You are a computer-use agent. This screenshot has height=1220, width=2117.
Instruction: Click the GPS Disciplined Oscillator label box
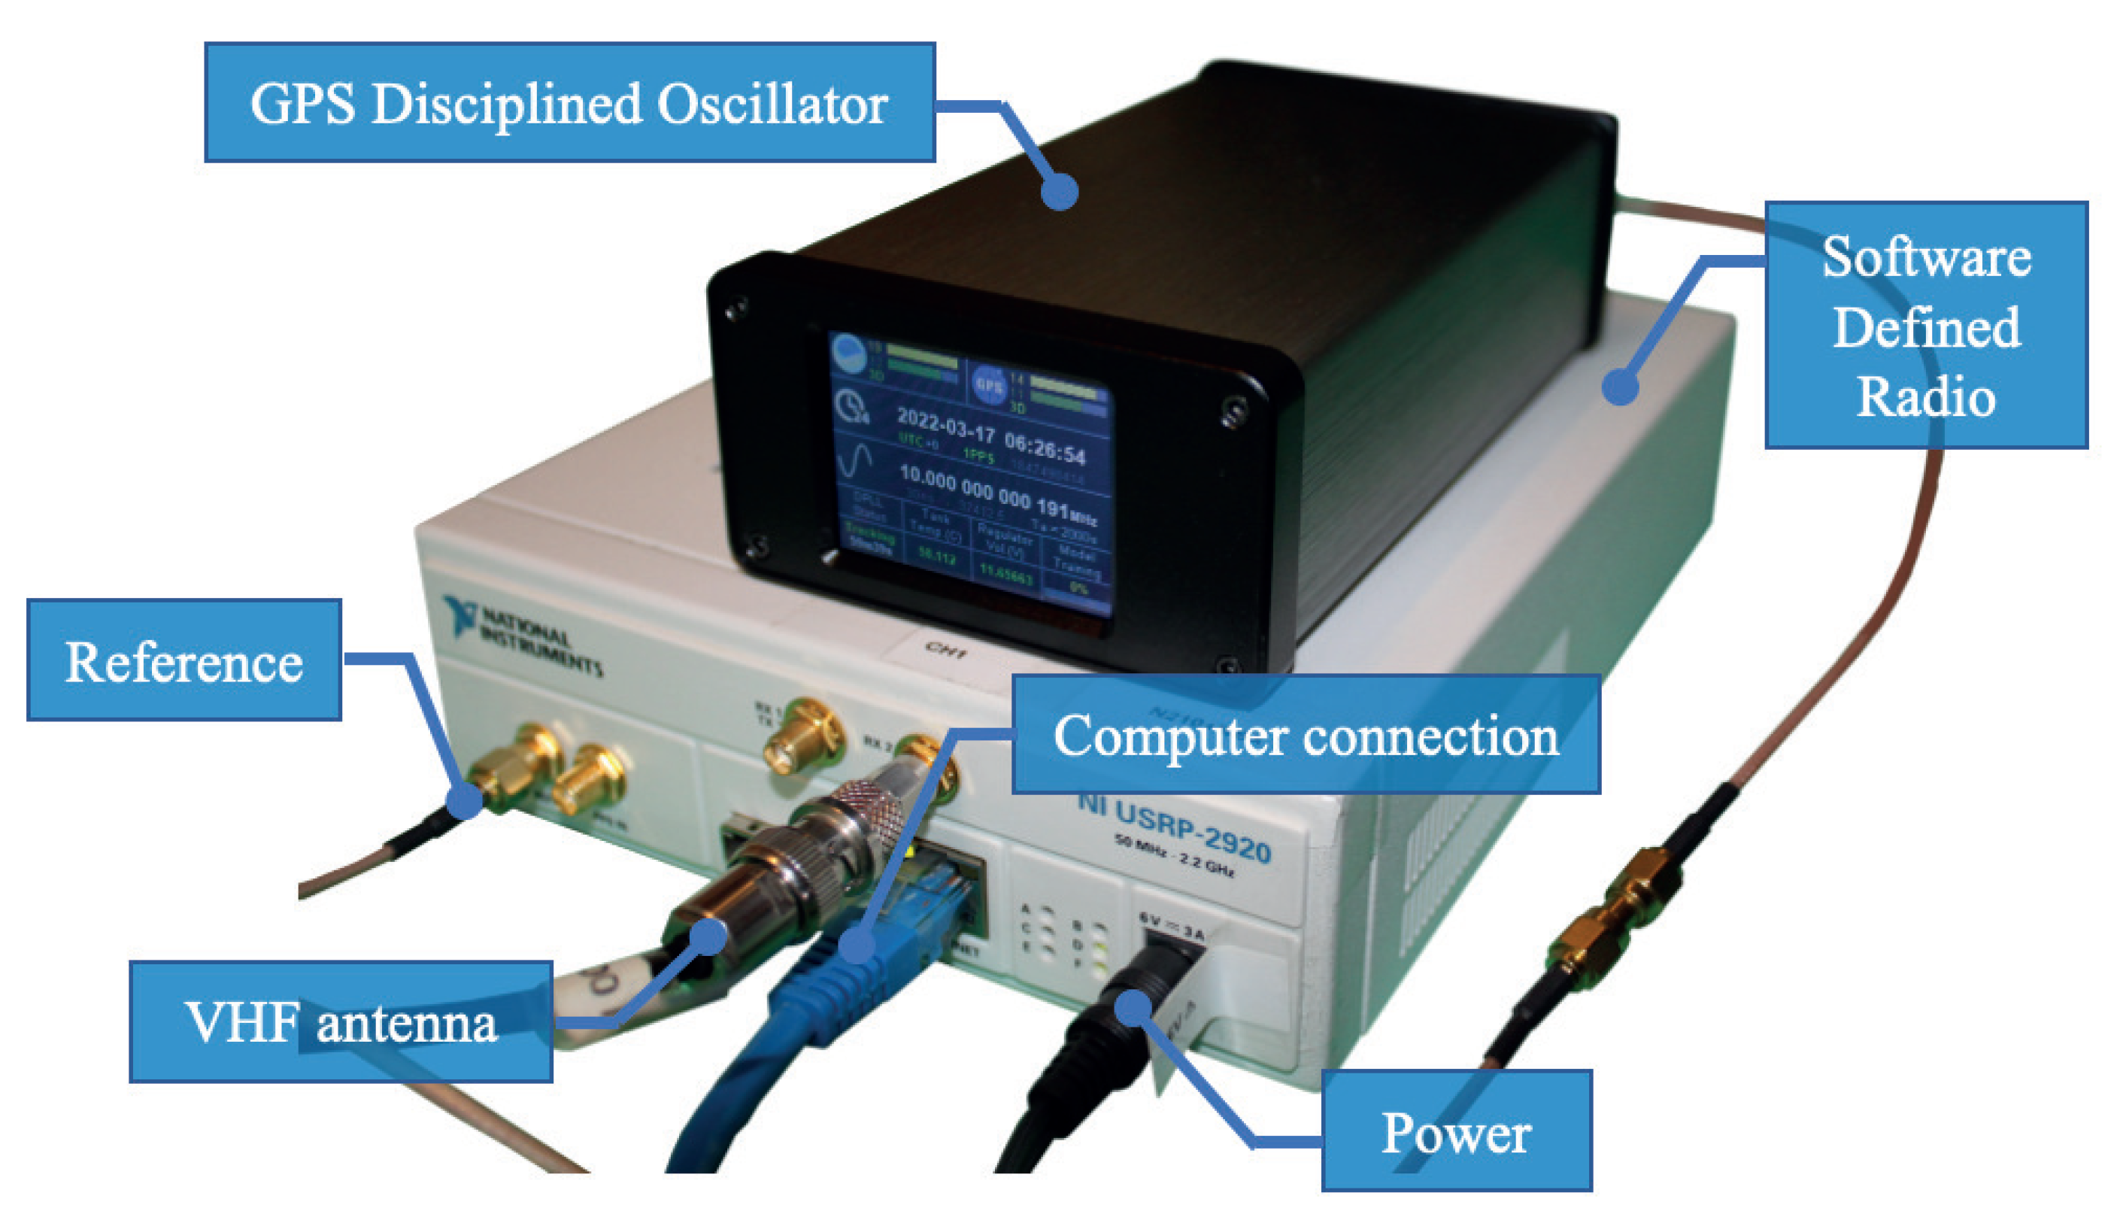coord(569,102)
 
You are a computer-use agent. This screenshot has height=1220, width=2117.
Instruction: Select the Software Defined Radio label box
coord(1925,325)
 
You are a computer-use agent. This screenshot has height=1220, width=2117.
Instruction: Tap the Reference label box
coord(183,660)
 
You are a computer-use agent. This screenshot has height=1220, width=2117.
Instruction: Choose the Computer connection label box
coord(1306,735)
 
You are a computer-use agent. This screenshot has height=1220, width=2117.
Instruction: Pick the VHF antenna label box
coord(340,1022)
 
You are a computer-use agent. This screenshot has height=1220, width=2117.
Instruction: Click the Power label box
coord(1456,1131)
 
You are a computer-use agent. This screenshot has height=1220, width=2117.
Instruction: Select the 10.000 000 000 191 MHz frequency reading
coord(997,493)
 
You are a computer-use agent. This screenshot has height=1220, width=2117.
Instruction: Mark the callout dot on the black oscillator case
coord(1059,192)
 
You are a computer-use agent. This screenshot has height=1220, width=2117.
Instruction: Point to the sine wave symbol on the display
coord(854,461)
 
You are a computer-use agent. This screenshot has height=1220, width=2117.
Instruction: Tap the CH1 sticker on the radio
coord(947,649)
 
